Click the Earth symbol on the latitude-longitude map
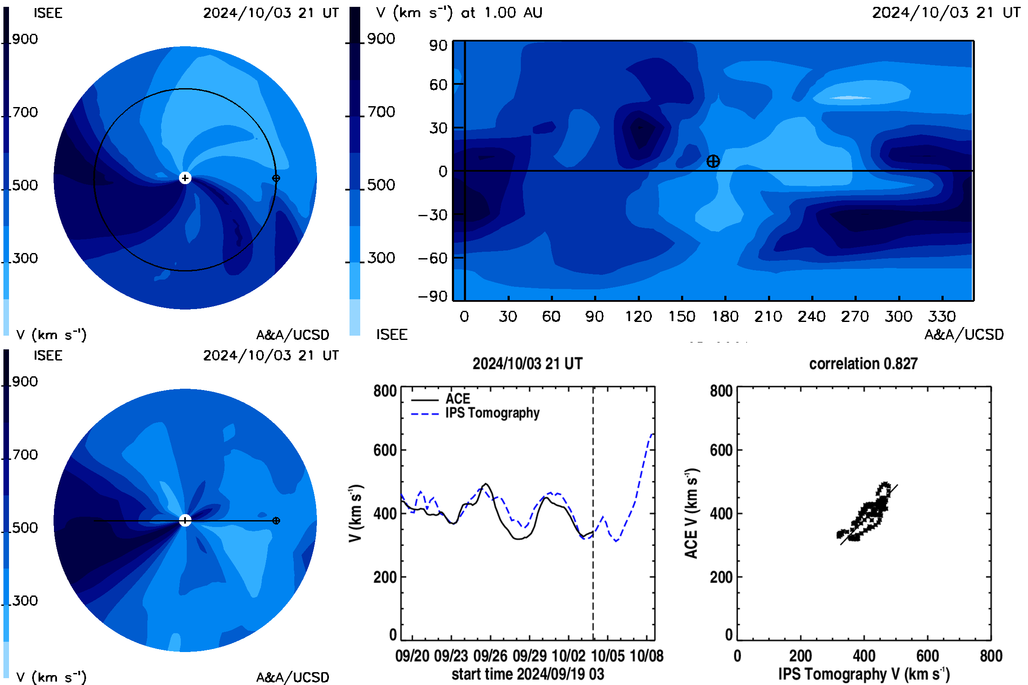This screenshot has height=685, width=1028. point(713,161)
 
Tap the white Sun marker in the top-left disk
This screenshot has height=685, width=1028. point(185,178)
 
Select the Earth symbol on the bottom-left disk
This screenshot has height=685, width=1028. point(276,521)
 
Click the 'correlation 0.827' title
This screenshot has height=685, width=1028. point(863,363)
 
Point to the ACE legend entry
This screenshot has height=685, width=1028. point(457,399)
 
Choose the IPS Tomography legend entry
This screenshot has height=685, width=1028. point(492,413)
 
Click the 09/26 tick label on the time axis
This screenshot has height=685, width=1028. point(490,656)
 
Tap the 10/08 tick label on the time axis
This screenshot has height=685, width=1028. point(646,656)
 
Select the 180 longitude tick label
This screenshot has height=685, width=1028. point(725,316)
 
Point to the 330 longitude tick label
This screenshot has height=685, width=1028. point(942,316)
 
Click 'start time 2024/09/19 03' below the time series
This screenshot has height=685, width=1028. point(528,674)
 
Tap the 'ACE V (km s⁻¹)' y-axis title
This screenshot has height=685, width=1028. point(691,513)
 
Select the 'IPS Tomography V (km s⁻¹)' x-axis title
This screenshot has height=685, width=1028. point(864,674)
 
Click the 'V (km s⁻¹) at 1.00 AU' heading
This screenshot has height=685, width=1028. point(459,13)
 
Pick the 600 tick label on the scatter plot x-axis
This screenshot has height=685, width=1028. point(927,656)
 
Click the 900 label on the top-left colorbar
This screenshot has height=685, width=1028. point(25,39)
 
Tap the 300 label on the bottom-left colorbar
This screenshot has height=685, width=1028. point(25,600)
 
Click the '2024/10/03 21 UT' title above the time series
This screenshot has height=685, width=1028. point(528,363)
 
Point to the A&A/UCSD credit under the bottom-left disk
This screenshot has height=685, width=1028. point(293,677)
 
